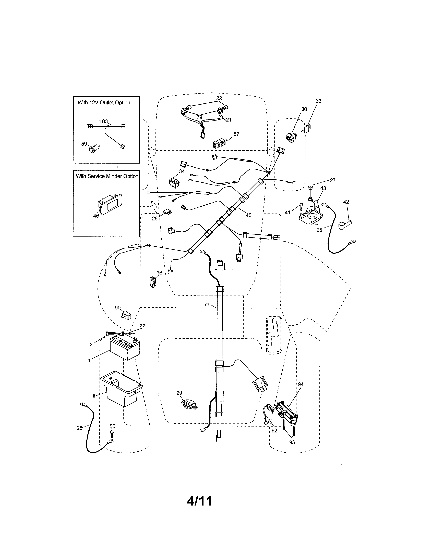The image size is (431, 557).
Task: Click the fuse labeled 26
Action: tap(167, 211)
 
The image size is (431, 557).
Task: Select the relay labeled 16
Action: tap(153, 282)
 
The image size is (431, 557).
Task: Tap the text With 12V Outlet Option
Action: tap(104, 102)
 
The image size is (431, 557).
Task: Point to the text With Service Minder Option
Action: tap(107, 176)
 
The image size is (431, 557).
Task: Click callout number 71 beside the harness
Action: tap(207, 304)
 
